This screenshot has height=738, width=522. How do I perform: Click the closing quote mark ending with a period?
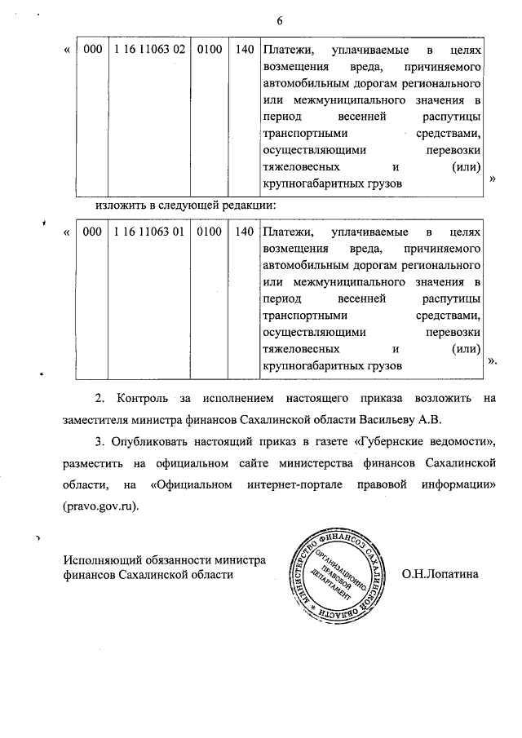(x=492, y=360)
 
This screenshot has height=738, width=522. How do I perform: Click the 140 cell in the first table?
(x=244, y=50)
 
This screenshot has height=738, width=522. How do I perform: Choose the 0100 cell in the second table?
(x=209, y=232)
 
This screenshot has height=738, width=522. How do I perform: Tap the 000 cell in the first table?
(x=92, y=50)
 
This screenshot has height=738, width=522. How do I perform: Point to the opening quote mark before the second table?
(x=66, y=233)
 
